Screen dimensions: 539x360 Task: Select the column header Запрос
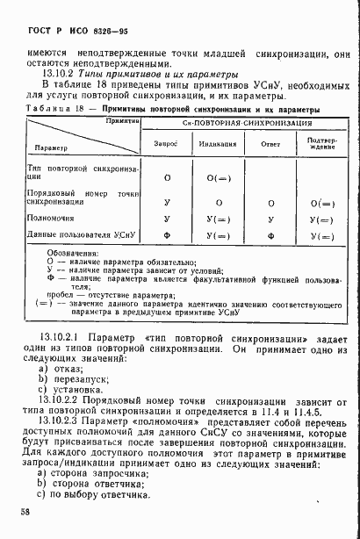pyautogui.click(x=166, y=140)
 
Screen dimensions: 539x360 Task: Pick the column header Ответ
pyautogui.click(x=270, y=141)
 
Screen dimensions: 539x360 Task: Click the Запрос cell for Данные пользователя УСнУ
pyautogui.click(x=166, y=236)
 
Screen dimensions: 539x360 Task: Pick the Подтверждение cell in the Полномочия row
pyautogui.click(x=322, y=219)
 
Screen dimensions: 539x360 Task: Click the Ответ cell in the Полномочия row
pyautogui.click(x=270, y=219)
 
